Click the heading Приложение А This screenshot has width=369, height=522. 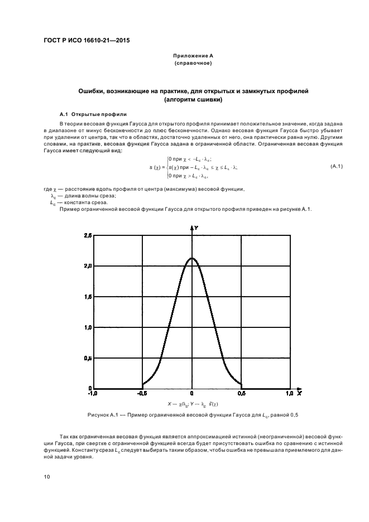pos(192,56)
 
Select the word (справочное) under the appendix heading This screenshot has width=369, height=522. pos(192,63)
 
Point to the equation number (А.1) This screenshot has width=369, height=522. pos(337,167)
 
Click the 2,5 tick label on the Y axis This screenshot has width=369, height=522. pos(88,236)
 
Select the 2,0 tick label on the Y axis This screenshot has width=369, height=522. pos(88,267)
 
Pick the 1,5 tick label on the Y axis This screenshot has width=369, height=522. pos(88,297)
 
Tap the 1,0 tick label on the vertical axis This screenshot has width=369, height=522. pos(88,328)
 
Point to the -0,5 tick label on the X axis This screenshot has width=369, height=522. pos(142,394)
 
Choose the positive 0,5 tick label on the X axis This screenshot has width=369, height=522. pos(242,394)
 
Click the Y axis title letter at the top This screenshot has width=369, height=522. pos(197,228)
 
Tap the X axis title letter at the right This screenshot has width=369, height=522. pos(300,394)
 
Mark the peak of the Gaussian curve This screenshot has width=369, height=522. pos(192,258)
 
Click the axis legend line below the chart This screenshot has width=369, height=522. pos(193,403)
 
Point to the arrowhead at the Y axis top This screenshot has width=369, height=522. pos(192,228)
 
